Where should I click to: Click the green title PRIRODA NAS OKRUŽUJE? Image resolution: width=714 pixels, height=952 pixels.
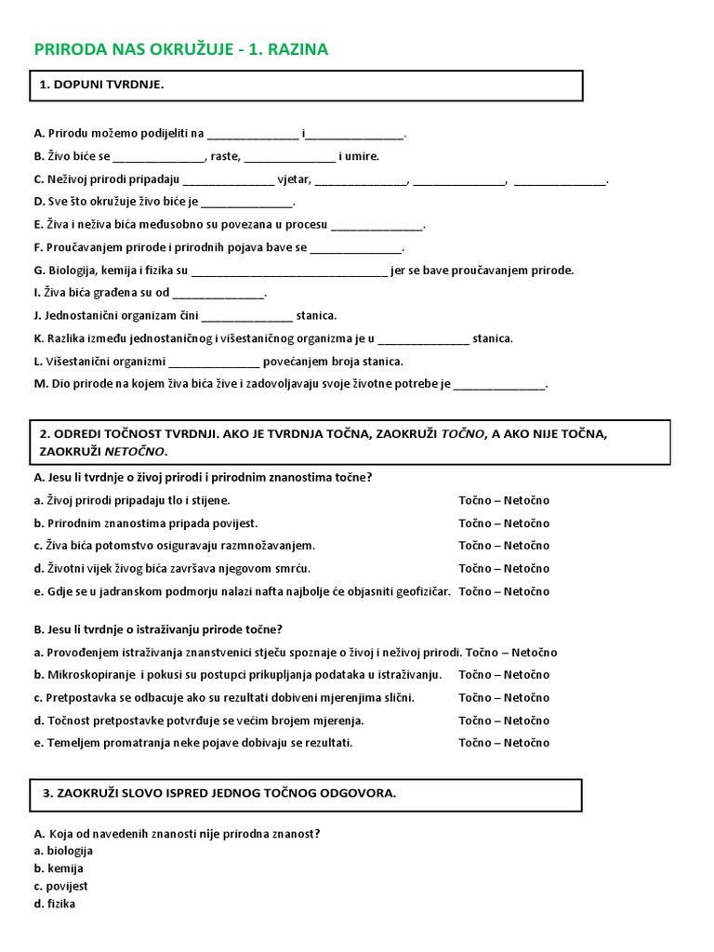click(181, 49)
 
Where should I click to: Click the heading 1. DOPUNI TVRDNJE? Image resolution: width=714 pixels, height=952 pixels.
click(102, 85)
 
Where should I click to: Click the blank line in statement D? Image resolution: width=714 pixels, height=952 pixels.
click(246, 202)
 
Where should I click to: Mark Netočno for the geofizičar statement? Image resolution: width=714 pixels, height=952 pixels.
click(528, 591)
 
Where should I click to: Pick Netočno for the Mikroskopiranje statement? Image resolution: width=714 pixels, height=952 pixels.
click(528, 675)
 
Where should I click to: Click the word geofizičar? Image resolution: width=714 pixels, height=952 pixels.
click(421, 591)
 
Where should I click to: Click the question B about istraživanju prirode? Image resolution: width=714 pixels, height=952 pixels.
click(158, 629)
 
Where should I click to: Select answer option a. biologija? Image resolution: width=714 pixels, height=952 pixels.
click(63, 851)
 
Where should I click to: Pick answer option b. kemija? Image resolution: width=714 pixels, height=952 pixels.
click(59, 868)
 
